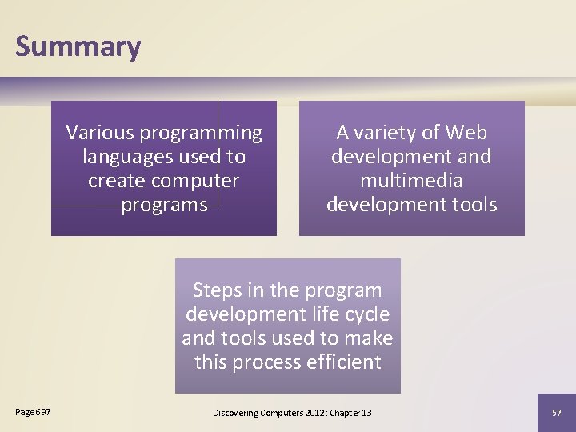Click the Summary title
coord(78,47)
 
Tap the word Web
coord(466,132)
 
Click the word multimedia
coord(411,181)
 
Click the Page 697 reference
coord(33,411)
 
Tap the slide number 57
coord(556,412)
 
